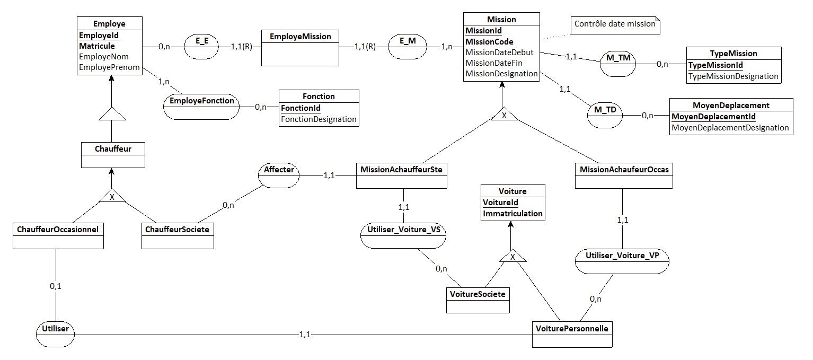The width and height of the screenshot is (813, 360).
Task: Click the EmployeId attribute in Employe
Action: (x=99, y=35)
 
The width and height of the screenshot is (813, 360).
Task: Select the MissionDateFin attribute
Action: (x=493, y=63)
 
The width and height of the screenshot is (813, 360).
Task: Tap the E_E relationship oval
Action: (x=201, y=47)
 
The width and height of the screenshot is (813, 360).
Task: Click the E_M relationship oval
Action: (x=407, y=47)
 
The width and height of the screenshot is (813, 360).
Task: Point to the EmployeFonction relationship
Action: (x=201, y=107)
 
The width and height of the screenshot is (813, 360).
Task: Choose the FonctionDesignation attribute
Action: (x=319, y=119)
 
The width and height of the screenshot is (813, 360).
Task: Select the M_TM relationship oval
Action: (x=618, y=64)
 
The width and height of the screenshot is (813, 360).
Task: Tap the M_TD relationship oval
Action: (x=605, y=116)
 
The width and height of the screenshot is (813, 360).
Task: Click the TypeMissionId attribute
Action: (x=715, y=65)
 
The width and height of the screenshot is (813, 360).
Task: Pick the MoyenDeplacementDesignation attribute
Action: (x=730, y=127)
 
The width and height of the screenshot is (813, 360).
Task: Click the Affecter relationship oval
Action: (x=279, y=175)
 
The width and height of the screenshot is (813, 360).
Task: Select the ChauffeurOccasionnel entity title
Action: (x=58, y=230)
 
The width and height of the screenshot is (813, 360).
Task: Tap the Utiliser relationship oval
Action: (x=55, y=334)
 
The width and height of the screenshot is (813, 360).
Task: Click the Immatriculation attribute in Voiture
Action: (x=512, y=214)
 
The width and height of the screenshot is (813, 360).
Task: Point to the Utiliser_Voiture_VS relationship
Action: (x=403, y=236)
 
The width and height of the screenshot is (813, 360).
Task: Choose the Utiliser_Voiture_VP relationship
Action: (x=622, y=261)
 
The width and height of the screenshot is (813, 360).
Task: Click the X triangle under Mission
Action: (x=504, y=114)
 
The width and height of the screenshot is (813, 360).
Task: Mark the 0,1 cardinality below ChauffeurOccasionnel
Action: (x=56, y=286)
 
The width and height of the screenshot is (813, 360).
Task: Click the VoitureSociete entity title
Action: (x=478, y=294)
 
